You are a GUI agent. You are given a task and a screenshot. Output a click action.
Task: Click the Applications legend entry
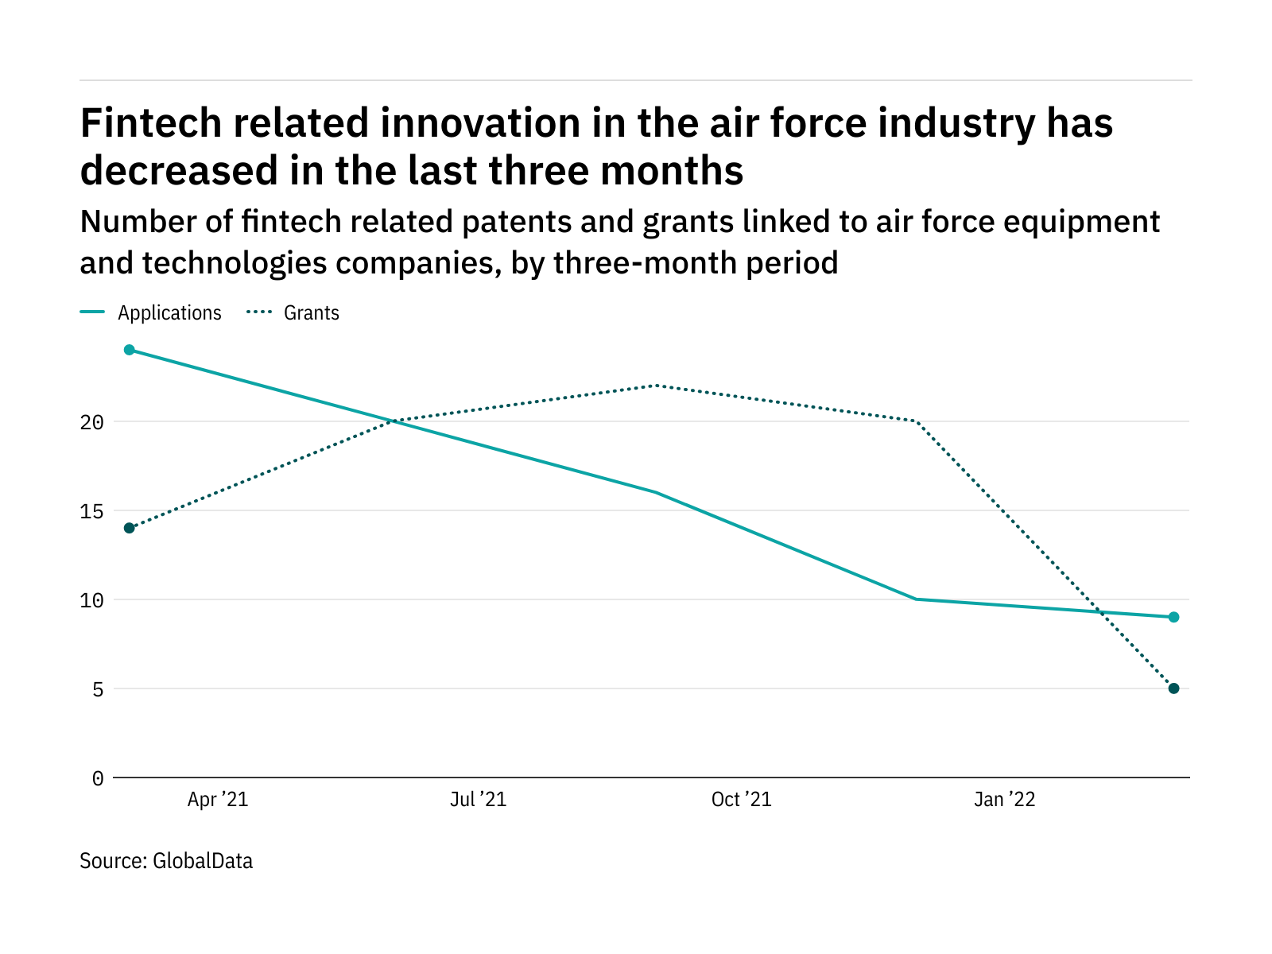pos(169,313)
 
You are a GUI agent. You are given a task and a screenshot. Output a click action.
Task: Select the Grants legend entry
pos(311,313)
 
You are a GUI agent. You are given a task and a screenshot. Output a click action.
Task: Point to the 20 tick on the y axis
pos(92,422)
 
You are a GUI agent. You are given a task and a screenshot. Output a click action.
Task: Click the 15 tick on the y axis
pos(92,511)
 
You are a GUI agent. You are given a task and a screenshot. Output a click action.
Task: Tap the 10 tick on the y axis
pos(92,600)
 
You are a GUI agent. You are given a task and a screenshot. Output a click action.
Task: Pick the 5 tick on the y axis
pos(98,689)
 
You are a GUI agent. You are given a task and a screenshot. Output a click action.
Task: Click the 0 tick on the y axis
pos(98,778)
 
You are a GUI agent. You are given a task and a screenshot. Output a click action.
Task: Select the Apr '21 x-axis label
pos(218,800)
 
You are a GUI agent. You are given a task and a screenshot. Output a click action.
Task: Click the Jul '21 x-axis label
pos(478,800)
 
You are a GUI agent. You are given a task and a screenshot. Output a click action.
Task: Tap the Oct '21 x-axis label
pos(741,800)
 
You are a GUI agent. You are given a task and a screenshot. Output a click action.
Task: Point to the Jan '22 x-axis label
pos(1005,800)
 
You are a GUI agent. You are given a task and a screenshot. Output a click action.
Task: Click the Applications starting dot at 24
pos(130,350)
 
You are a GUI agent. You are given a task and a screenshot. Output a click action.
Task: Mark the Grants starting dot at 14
pos(130,528)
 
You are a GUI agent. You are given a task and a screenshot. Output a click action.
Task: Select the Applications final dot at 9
pos(1173,617)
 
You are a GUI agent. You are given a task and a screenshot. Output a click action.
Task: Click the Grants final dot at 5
pos(1173,688)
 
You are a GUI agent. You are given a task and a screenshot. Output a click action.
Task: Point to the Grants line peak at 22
pos(655,386)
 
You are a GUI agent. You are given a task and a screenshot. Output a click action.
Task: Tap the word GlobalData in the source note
pos(203,861)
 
